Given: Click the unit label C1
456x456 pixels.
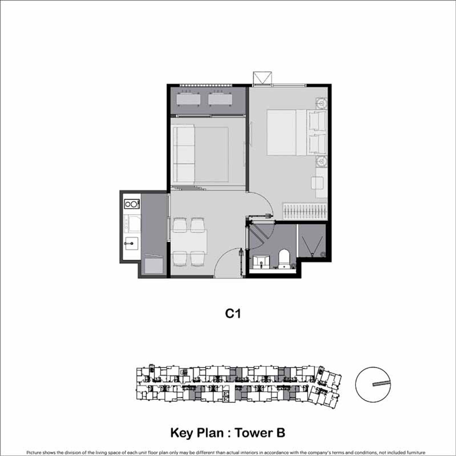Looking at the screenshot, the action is point(233,314).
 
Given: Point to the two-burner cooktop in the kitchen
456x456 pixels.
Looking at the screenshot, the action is point(132,204).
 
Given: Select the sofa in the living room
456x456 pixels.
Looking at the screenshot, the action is point(184,155).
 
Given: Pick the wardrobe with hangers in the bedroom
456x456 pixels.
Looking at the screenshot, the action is point(305,211).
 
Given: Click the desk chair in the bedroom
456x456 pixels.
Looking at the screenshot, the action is point(317,183).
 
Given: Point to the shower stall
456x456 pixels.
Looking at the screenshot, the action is point(312,241).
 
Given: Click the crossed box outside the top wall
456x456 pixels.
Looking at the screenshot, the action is point(262,78).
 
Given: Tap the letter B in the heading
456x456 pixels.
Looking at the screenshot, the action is point(280,432).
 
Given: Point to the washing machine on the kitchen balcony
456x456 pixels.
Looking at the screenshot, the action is point(154,266).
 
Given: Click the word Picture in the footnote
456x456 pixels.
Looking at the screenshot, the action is point(33,453).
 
